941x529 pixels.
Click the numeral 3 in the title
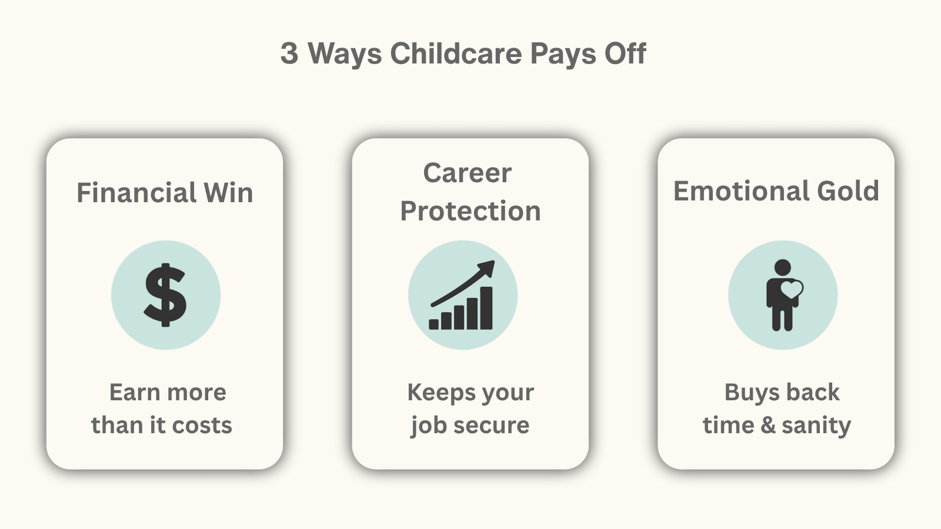pos(289,53)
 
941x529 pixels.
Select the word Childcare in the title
pos(456,53)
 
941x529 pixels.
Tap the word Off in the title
pos(625,53)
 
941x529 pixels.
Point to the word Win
pos(228,192)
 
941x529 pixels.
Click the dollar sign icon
pos(165,295)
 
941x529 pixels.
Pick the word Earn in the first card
pos(135,392)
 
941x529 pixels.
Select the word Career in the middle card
pos(467,173)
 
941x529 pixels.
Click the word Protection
pos(470,210)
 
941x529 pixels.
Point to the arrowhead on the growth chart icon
pos(488,268)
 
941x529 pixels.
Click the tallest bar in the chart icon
pos(486,308)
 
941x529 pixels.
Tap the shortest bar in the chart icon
pos(433,324)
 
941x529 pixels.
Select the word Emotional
pos(741,191)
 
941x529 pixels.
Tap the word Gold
pos(847,191)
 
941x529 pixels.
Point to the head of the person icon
pos(783,267)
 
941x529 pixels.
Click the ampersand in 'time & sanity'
pos(768,425)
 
